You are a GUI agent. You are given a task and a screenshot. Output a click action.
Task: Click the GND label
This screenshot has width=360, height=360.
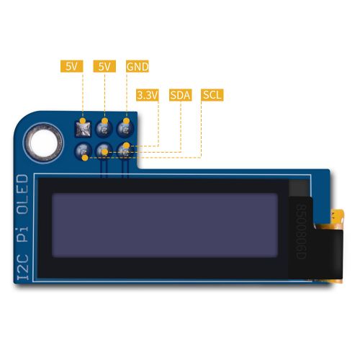138,66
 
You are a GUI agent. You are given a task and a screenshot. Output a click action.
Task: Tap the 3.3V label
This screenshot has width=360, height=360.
148,95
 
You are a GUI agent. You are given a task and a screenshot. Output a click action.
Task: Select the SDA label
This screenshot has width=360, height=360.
180,95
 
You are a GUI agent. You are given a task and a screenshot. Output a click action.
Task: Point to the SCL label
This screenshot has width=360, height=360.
212,95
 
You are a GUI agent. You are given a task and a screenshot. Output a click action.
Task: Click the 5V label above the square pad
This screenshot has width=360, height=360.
71,66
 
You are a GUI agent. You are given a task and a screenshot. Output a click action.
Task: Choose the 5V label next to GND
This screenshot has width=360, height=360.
104,66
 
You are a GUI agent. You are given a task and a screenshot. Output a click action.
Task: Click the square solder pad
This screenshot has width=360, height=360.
84,130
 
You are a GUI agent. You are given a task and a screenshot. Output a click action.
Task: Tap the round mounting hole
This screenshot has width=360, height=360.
44,143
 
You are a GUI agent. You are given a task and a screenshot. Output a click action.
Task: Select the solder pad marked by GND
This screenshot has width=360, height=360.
125,129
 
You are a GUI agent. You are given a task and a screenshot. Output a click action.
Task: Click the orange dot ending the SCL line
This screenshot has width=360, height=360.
85,158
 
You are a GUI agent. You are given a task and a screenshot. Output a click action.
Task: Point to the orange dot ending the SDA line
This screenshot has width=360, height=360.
105,152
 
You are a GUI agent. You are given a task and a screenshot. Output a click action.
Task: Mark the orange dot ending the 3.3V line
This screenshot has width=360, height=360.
127,145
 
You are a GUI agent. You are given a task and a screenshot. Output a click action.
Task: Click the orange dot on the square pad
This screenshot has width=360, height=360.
83,121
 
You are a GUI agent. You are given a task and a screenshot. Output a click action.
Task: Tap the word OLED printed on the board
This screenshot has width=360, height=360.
23,194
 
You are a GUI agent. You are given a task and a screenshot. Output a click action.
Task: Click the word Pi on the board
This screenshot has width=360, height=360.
23,235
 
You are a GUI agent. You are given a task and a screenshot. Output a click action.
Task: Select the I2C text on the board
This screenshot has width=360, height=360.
23,267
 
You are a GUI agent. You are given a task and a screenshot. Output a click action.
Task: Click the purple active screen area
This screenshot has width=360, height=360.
165,225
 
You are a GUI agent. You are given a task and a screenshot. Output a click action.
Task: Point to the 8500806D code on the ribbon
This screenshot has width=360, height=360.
301,232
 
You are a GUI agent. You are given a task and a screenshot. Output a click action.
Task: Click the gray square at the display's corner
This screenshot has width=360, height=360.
298,188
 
